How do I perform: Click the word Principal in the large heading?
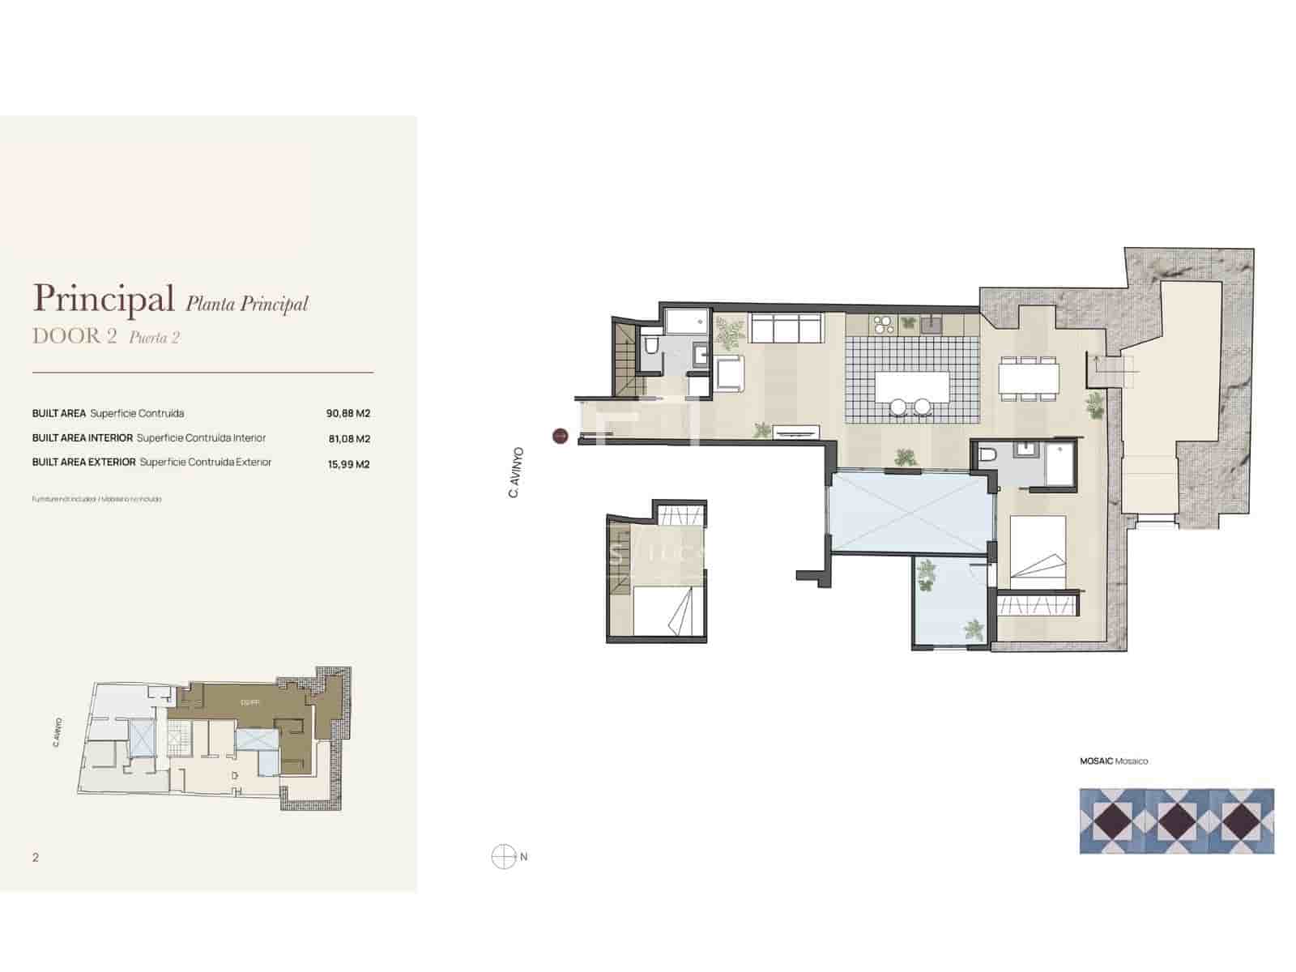tap(104, 299)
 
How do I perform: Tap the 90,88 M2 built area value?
tap(347, 413)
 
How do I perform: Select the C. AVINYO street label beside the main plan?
tap(515, 472)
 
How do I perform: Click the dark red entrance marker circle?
tap(560, 436)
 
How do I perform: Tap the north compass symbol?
tap(504, 856)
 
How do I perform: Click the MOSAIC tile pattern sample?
tap(1176, 821)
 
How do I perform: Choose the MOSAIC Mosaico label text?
tap(1113, 761)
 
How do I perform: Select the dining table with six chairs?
tap(1028, 377)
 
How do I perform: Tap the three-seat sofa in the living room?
tap(787, 329)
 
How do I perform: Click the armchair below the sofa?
tap(730, 375)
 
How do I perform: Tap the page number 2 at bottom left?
tap(36, 857)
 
